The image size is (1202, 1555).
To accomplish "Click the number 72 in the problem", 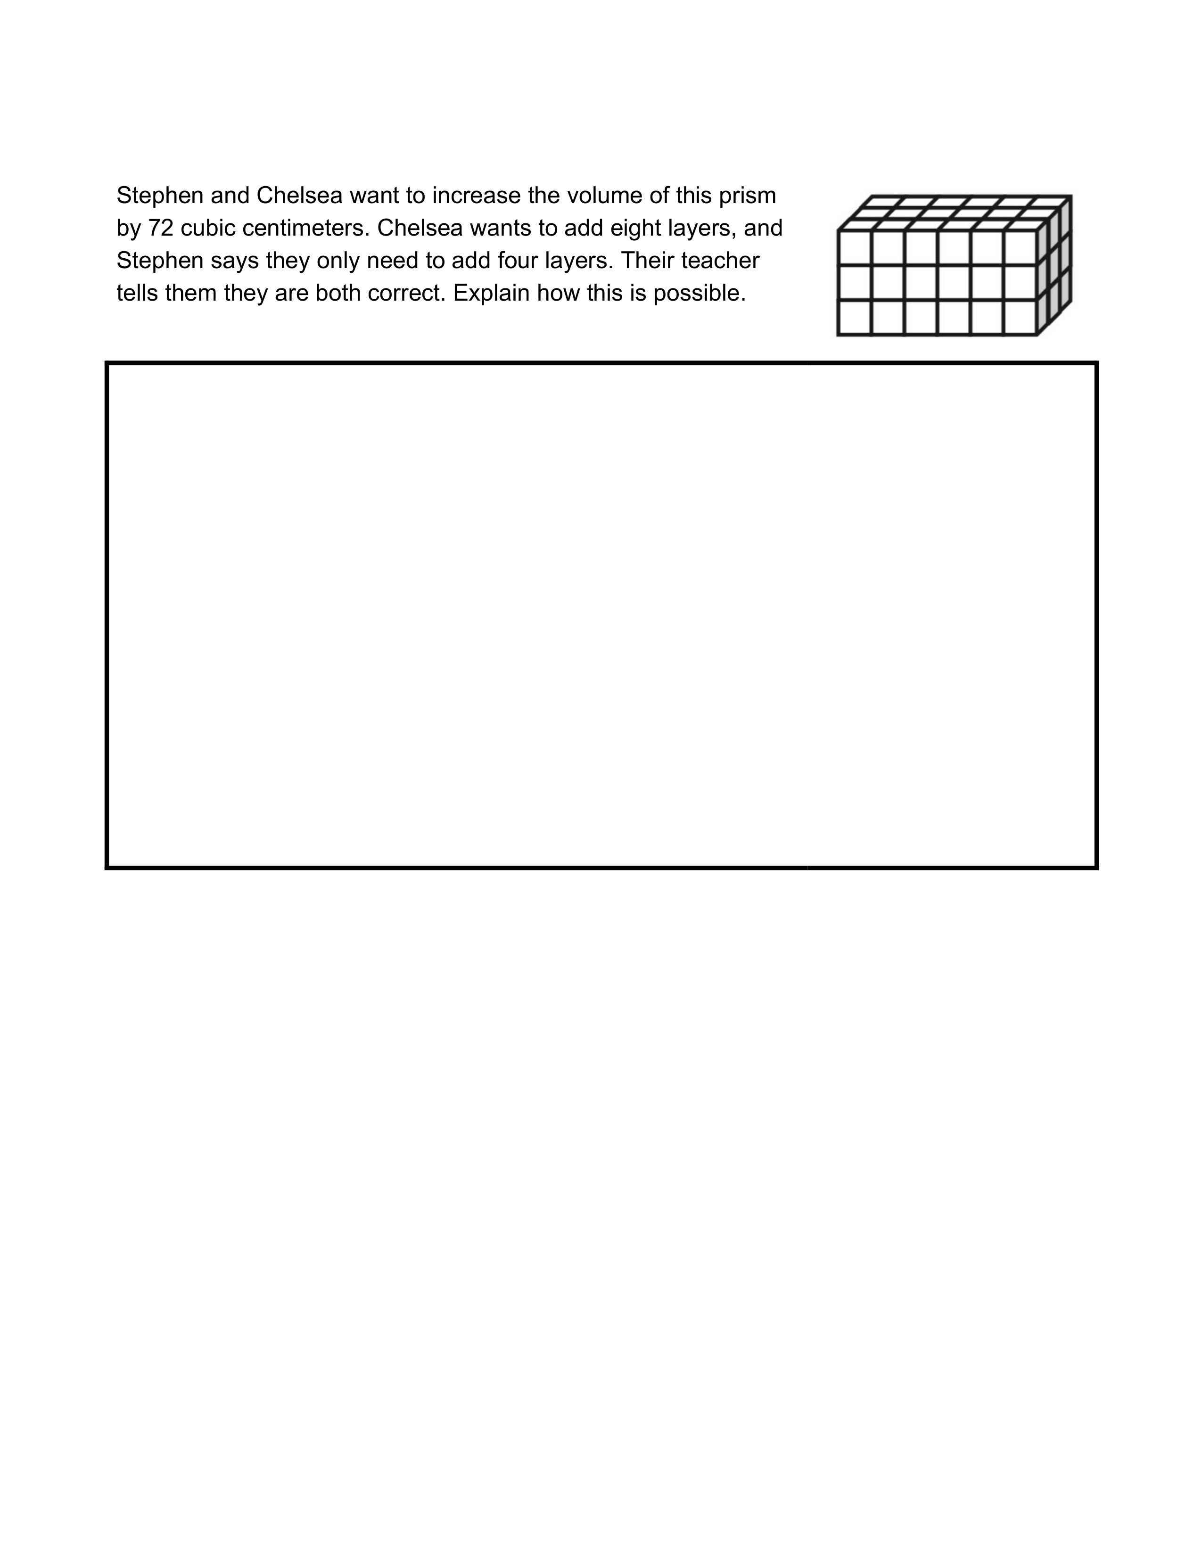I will (x=161, y=228).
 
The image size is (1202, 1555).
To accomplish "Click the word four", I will (x=529, y=261).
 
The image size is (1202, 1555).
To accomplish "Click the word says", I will (x=233, y=261).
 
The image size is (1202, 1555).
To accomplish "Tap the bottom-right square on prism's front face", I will (x=1021, y=318).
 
